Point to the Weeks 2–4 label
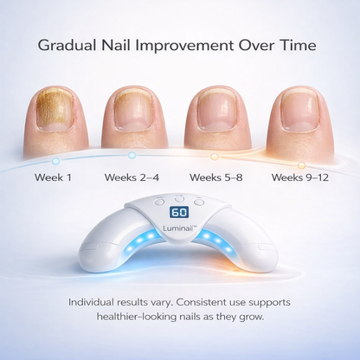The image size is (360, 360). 132,177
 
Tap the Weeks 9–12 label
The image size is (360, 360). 300,177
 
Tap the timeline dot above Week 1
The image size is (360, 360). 55,161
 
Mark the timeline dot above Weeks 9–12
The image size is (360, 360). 301,164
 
